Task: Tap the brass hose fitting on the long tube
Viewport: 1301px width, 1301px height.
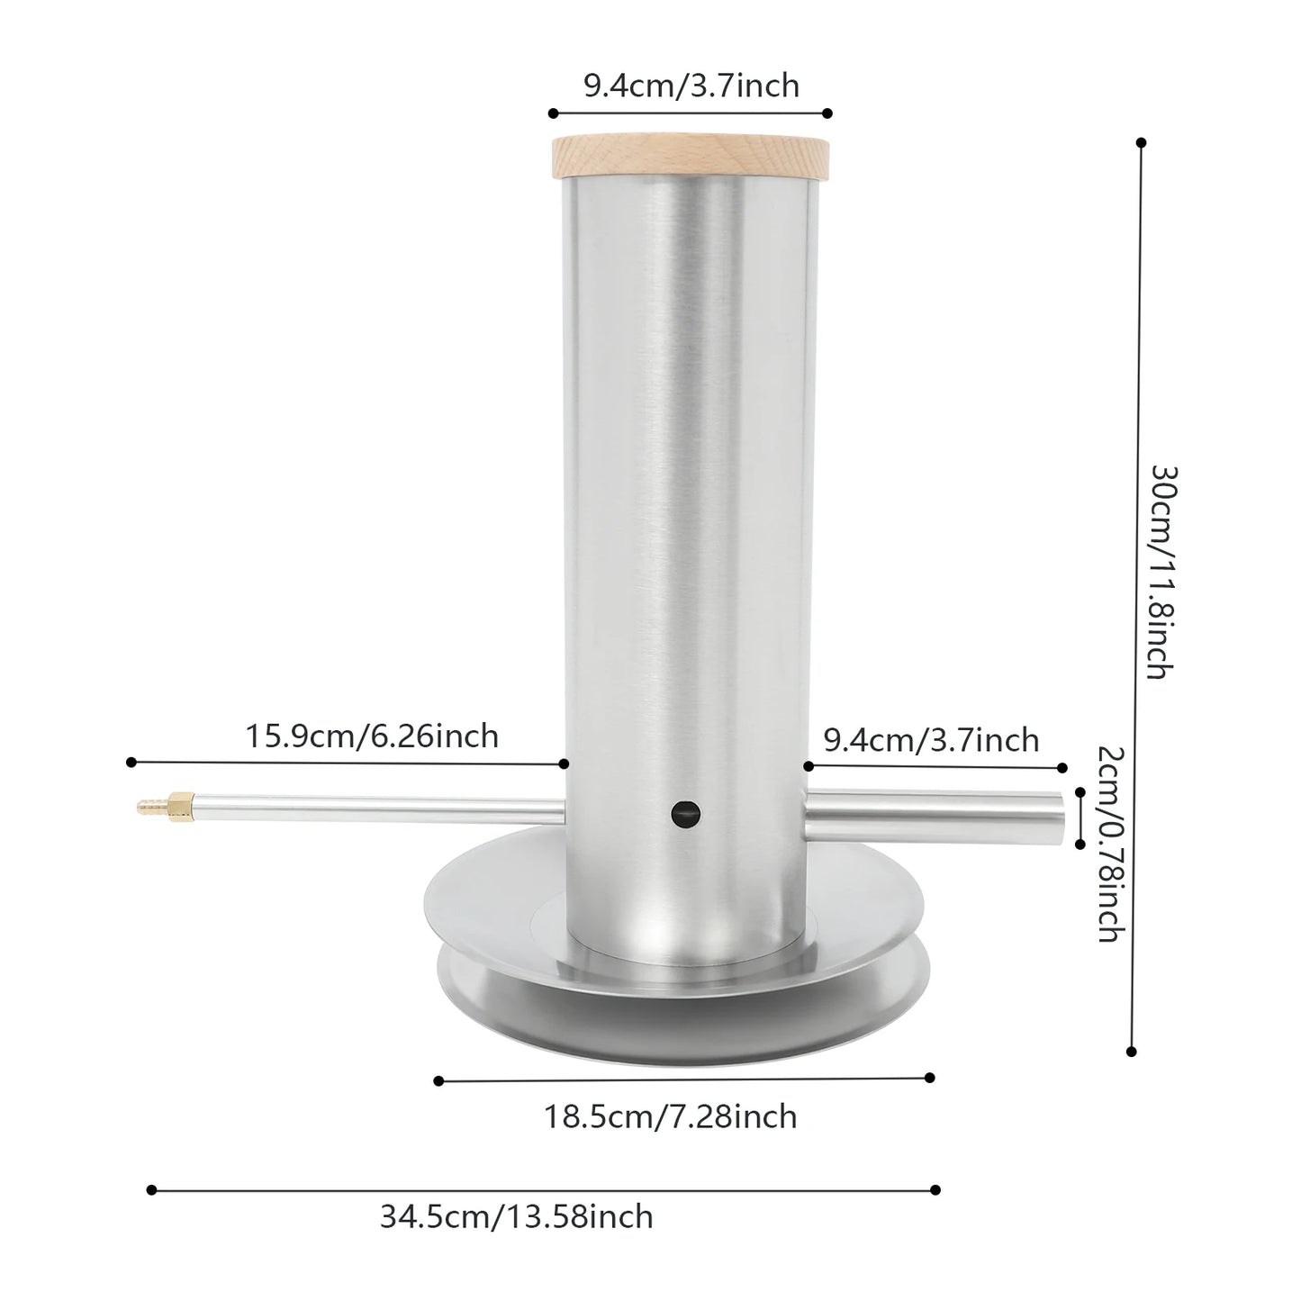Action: click(167, 801)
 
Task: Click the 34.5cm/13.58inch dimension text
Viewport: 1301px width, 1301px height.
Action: click(516, 1216)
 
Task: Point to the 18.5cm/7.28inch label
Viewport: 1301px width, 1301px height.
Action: click(670, 1116)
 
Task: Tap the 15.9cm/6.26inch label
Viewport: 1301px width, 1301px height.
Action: click(372, 736)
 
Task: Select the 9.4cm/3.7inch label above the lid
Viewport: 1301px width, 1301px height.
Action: click(691, 85)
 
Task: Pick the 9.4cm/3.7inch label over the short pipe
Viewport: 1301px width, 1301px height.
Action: click(931, 740)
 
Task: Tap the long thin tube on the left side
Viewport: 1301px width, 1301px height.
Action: click(378, 807)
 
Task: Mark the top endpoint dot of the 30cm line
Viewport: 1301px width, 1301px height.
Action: click(1142, 142)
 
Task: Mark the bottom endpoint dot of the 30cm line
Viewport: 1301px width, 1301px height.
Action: click(1132, 1051)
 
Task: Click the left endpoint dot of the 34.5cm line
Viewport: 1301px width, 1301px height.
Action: click(151, 1190)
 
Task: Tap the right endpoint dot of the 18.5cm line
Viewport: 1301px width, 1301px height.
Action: click(930, 1078)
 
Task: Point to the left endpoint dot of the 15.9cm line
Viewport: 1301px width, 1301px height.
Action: click(131, 763)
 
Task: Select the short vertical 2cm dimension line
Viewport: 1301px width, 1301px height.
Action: click(1080, 818)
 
